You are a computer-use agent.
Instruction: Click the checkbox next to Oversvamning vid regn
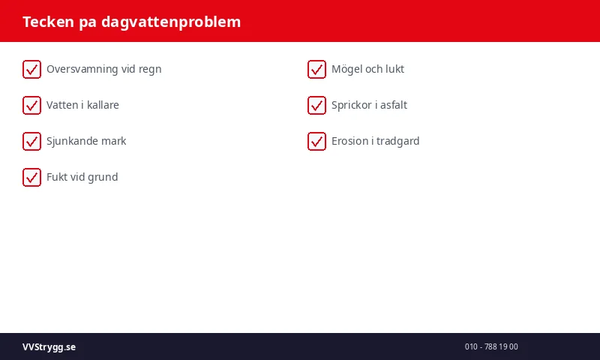[31, 69]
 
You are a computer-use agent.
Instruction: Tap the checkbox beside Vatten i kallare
[31, 105]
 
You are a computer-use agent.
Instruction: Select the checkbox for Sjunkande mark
[31, 141]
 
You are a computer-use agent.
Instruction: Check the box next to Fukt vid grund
[31, 177]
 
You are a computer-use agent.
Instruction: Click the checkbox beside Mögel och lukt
[316, 69]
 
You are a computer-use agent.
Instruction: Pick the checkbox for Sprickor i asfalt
[316, 105]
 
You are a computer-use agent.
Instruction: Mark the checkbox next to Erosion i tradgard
[316, 141]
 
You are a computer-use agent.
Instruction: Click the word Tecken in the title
[47, 22]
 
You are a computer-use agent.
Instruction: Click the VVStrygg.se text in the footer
[49, 346]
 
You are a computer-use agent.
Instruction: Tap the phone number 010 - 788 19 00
[491, 346]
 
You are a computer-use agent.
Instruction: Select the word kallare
[103, 105]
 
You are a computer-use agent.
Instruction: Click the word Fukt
[57, 177]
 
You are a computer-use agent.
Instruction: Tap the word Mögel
[346, 69]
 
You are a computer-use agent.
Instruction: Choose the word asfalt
[394, 105]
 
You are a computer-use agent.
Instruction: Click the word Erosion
[350, 141]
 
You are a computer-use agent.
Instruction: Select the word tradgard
[398, 141]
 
